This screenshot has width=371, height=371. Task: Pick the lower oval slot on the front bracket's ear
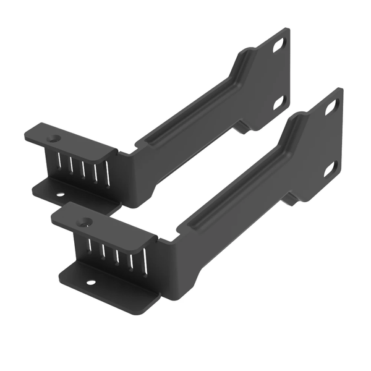(330, 167)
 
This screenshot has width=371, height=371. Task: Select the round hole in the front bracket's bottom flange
(91, 282)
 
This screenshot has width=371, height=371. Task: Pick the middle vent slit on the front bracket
(116, 254)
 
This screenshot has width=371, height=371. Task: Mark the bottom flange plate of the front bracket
(105, 286)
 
